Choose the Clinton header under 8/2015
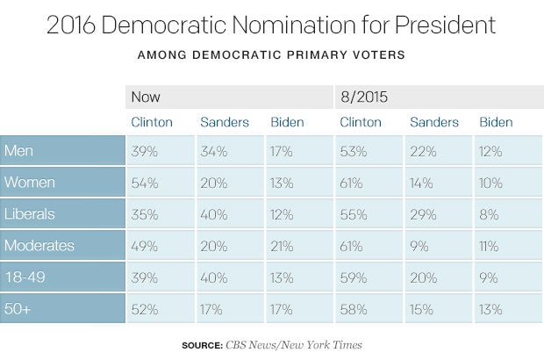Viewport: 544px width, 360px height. click(360, 122)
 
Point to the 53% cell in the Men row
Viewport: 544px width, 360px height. click(353, 151)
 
